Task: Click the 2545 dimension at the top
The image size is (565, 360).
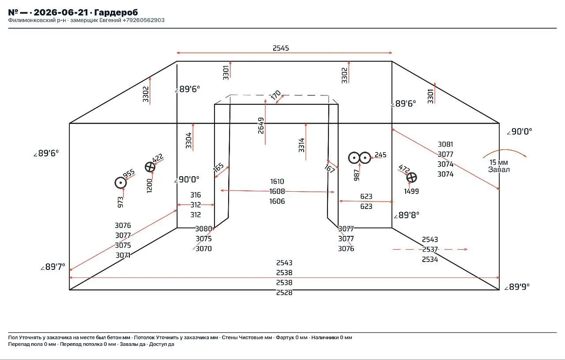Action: coord(280,48)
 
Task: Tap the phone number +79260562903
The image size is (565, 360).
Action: coord(143,20)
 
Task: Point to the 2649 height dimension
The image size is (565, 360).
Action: coord(261,125)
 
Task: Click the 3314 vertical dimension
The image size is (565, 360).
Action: coord(301,145)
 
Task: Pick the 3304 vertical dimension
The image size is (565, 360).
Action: coord(188,140)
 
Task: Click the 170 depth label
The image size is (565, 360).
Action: coord(276,95)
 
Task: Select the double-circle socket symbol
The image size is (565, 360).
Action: coord(359,158)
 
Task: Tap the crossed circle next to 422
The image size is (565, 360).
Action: coord(150,167)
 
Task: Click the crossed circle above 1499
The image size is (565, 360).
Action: coord(412,178)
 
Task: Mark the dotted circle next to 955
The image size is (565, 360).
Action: coord(121,182)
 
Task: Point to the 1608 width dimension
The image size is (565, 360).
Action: coord(277,191)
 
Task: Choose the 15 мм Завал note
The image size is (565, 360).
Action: coord(499,166)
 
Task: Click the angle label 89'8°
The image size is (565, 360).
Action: coord(407,215)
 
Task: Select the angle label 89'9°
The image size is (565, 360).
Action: coord(517,287)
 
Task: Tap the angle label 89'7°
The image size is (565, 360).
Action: coord(53,267)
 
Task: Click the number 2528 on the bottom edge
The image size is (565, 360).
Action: coord(284,292)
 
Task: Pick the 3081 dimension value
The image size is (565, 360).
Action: coord(445,144)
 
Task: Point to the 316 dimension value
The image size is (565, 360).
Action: coord(196,195)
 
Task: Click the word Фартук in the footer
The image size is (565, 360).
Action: coord(285,337)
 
